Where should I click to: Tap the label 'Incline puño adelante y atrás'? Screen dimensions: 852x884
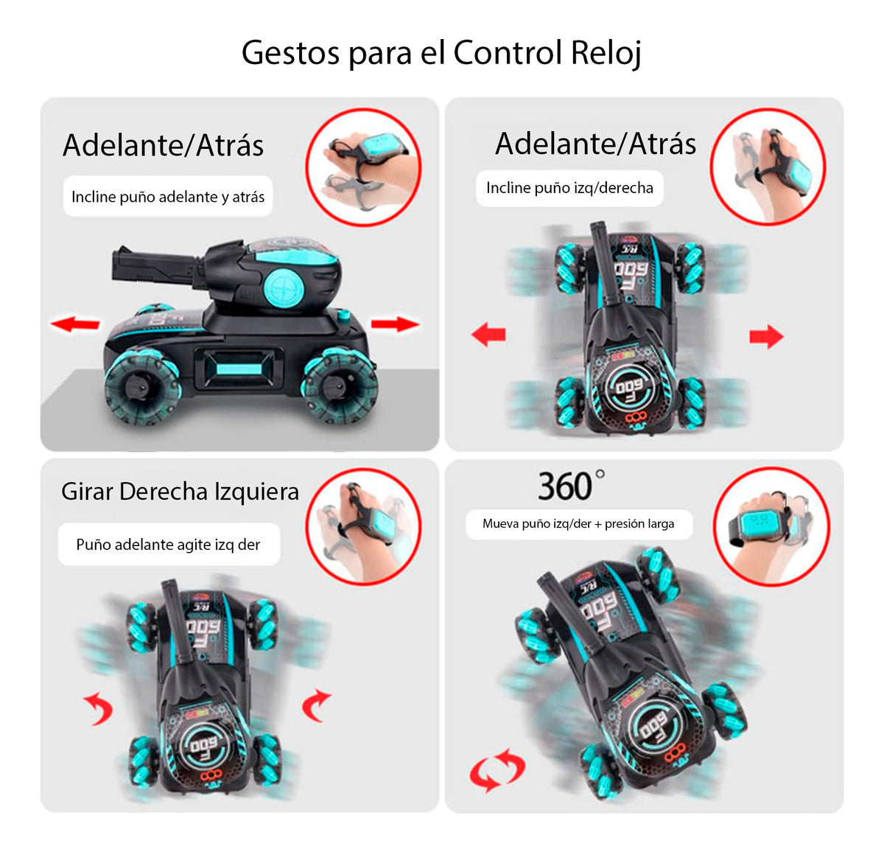(168, 197)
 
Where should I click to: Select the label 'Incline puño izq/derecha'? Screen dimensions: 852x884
(569, 188)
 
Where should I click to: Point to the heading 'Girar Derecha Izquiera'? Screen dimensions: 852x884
(180, 492)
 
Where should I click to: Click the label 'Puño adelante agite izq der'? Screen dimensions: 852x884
(168, 545)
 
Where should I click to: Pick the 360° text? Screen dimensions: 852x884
(570, 486)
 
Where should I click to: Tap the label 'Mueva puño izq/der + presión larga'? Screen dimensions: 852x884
(578, 524)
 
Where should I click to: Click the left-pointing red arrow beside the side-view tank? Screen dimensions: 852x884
(75, 324)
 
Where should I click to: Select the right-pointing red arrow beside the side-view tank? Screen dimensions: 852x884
(395, 324)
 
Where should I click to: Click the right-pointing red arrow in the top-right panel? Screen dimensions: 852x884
(766, 336)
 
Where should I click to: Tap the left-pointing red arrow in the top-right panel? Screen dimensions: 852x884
(488, 335)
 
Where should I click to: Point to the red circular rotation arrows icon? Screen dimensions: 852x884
(497, 769)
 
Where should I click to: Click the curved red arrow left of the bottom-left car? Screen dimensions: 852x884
(99, 708)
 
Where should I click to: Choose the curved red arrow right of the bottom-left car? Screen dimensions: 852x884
(316, 705)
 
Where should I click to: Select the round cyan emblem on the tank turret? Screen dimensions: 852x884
(284, 287)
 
